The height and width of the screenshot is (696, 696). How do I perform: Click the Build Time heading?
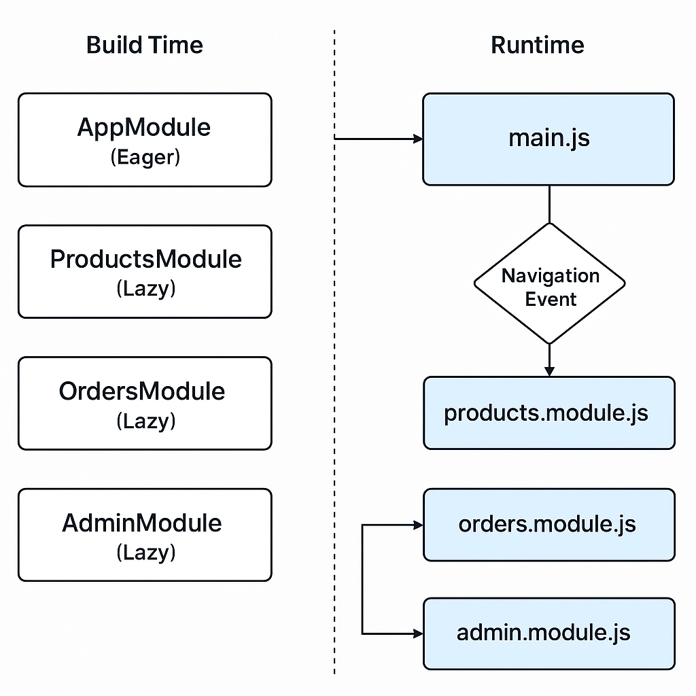[145, 46]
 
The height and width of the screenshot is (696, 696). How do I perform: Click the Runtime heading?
[537, 46]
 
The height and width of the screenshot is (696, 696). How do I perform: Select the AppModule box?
[145, 139]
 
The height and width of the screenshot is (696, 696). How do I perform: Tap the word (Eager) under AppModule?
[145, 157]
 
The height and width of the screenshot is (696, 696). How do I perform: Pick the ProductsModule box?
[145, 271]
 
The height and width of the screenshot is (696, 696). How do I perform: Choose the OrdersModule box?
[145, 403]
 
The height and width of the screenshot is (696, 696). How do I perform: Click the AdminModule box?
[145, 535]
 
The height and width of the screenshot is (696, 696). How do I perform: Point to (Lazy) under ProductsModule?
[145, 289]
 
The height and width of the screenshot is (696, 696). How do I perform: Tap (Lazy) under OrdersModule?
[145, 421]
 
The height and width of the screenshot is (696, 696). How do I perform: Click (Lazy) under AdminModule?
[145, 553]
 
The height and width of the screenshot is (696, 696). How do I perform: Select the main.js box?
[549, 139]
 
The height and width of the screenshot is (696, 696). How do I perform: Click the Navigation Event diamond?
[549, 284]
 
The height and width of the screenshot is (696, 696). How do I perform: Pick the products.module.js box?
[549, 413]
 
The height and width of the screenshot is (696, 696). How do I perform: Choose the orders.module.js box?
[549, 524]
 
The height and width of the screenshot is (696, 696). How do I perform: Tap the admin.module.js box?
[549, 633]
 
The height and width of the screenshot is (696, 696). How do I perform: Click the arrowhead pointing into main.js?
[417, 139]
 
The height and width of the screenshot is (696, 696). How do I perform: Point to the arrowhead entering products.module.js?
[549, 370]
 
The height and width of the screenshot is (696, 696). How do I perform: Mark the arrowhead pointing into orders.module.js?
[417, 525]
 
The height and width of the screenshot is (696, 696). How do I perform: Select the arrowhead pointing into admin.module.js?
[417, 633]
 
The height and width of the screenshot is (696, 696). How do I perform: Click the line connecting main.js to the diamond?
[549, 204]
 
